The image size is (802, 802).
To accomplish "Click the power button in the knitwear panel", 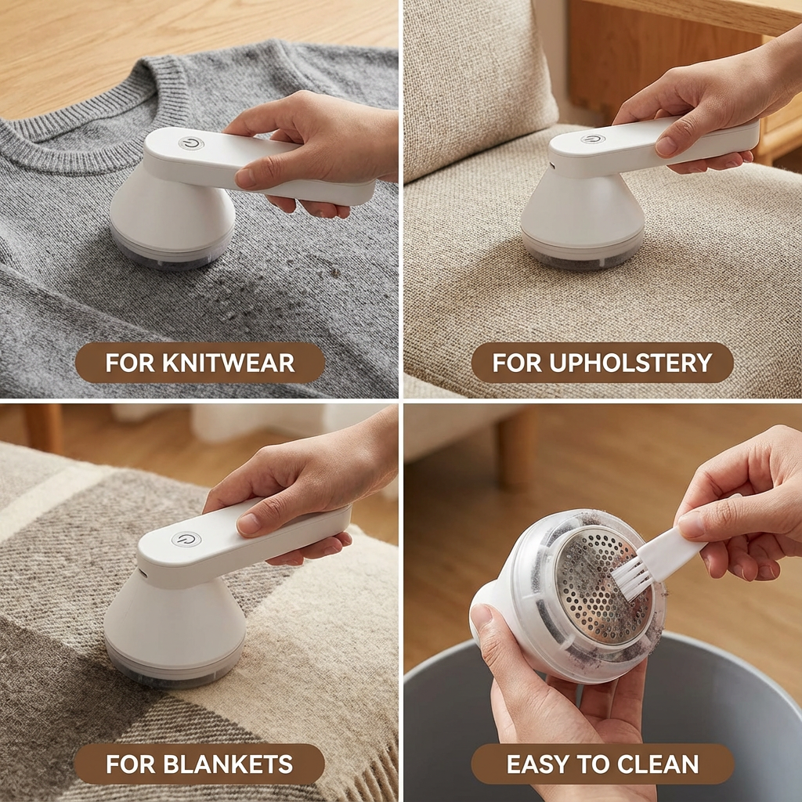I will point(191,143).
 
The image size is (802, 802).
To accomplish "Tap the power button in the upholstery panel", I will point(593,139).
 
